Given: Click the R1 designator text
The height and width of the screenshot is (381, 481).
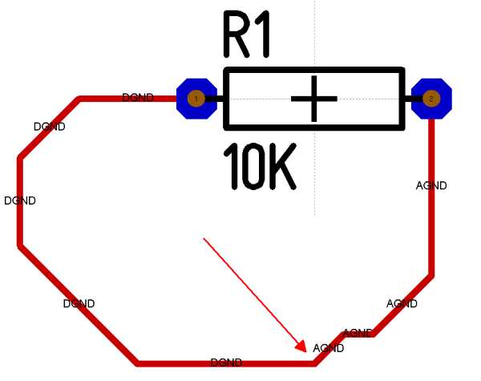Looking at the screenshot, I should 247,36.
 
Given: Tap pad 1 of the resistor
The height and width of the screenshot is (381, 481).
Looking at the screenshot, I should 196,99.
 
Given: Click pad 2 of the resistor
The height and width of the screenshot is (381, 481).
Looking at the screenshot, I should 431,99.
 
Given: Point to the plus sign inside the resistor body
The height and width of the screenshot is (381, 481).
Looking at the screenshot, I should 313,99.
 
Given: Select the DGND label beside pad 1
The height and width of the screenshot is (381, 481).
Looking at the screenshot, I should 137,97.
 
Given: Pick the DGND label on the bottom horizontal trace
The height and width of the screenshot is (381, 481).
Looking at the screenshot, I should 226,363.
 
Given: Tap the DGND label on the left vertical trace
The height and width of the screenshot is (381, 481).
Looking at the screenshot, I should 20,201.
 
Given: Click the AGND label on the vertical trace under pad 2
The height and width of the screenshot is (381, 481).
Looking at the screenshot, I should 431,186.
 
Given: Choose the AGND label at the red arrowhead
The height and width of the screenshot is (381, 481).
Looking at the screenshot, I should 329,348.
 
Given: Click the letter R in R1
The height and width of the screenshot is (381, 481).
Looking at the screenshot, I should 237,36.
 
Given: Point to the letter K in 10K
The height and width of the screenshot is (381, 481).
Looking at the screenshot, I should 281,167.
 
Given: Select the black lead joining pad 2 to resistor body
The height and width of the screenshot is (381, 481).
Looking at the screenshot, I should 410,99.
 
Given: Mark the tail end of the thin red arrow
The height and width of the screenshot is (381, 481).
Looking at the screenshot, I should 204,238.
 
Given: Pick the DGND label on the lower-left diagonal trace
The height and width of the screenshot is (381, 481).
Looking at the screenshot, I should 79,304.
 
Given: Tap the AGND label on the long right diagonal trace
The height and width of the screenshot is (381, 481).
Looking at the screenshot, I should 402,304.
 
